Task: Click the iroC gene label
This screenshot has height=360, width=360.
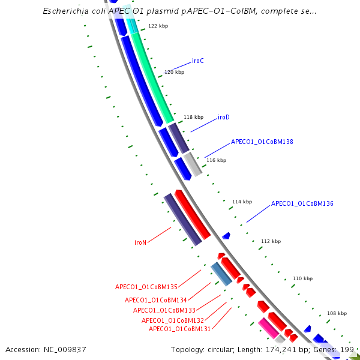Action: pyautogui.click(x=198, y=61)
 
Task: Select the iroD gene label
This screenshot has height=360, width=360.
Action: pyautogui.click(x=224, y=117)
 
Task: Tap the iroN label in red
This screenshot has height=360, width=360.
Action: pyautogui.click(x=140, y=243)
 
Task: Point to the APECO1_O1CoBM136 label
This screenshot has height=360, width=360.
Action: pyautogui.click(x=302, y=204)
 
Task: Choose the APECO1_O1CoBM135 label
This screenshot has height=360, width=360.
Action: pyautogui.click(x=146, y=287)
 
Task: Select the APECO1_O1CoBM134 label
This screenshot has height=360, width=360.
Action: pyautogui.click(x=156, y=300)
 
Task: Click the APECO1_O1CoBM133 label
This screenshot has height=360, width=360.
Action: pyautogui.click(x=164, y=310)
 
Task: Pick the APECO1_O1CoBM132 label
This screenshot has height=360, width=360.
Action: pyautogui.click(x=173, y=320)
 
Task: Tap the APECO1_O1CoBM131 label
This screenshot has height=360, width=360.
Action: pyautogui.click(x=179, y=329)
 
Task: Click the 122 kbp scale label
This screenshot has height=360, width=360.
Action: pyautogui.click(x=158, y=26)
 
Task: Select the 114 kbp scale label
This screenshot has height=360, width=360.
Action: pyautogui.click(x=242, y=202)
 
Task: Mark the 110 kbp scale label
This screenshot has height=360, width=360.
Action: pyautogui.click(x=302, y=279)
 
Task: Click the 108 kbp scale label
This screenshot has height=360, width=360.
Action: pyautogui.click(x=337, y=313)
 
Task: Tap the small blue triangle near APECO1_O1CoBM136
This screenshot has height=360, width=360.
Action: pyautogui.click(x=226, y=236)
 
